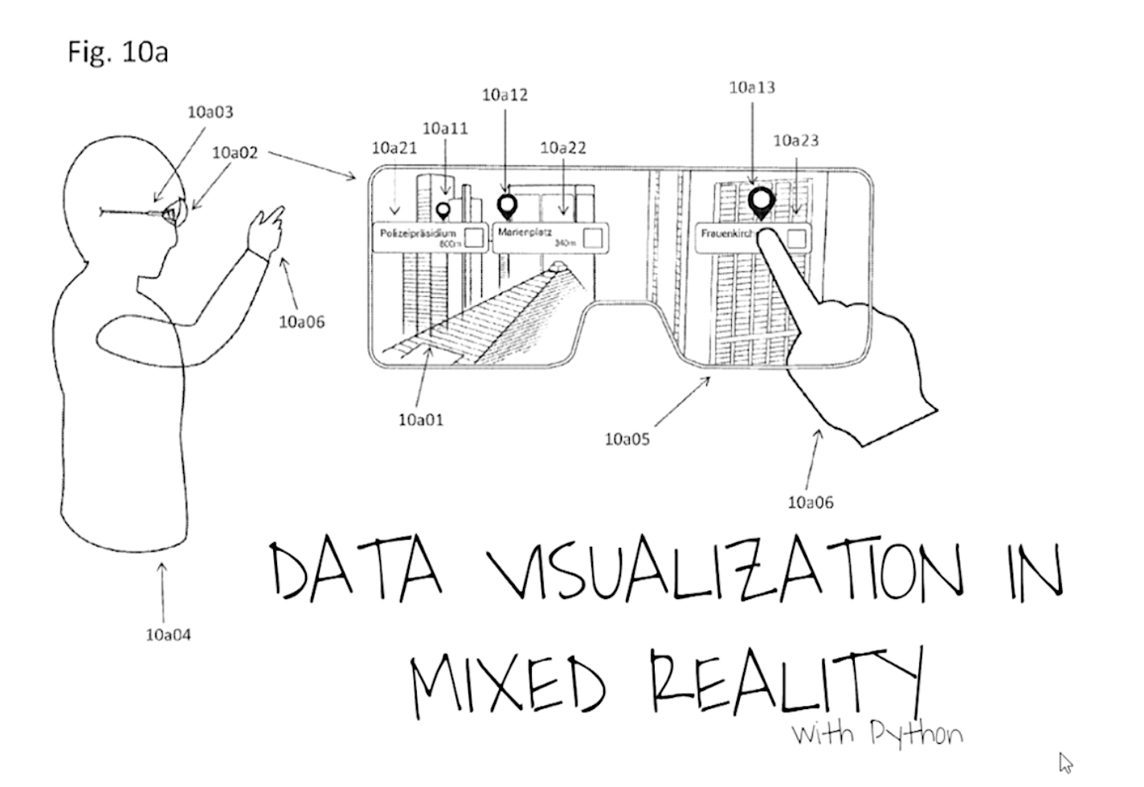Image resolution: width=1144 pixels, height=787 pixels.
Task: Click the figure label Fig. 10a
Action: pyautogui.click(x=117, y=53)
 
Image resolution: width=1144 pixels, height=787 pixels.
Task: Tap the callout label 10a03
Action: pyautogui.click(x=210, y=112)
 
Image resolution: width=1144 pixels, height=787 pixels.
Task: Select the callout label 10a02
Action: pyautogui.click(x=235, y=153)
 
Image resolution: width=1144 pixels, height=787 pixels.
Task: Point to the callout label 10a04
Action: pyautogui.click(x=169, y=635)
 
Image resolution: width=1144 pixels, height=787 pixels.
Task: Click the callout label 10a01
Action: pyautogui.click(x=421, y=420)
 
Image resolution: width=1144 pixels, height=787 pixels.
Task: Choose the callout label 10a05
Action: pyautogui.click(x=627, y=439)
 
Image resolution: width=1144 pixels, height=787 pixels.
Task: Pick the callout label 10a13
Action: pyautogui.click(x=752, y=88)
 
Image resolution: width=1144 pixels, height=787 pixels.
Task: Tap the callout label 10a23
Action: pyautogui.click(x=796, y=141)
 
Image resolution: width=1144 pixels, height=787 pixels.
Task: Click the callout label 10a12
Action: pyautogui.click(x=505, y=95)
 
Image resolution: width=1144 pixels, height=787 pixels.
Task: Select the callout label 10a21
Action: pyautogui.click(x=394, y=148)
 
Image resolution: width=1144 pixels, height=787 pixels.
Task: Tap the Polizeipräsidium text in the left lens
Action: pyautogui.click(x=418, y=233)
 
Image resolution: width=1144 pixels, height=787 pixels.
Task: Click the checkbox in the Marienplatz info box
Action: pyautogui.click(x=593, y=239)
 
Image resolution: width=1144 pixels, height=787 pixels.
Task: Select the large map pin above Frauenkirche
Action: pyautogui.click(x=761, y=202)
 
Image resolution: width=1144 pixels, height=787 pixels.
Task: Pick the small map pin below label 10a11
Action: pyautogui.click(x=442, y=211)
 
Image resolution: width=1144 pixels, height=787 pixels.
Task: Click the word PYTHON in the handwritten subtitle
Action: pyautogui.click(x=917, y=734)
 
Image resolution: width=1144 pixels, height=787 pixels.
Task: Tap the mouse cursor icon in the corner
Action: pyautogui.click(x=1066, y=762)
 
